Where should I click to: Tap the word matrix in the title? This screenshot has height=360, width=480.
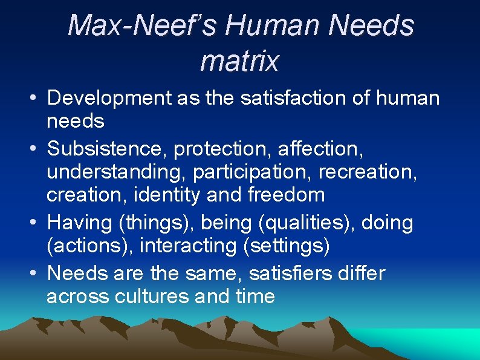tap(239, 61)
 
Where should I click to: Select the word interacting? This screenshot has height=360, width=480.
tap(193, 246)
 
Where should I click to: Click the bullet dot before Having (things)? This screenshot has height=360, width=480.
tap(34, 223)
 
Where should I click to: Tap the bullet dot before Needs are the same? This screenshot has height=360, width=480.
tap(34, 273)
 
